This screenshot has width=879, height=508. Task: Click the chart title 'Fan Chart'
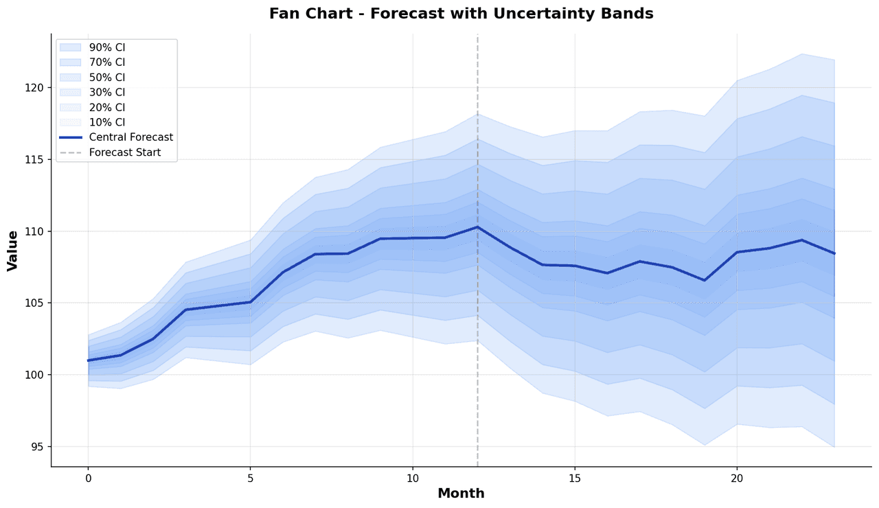point(461,14)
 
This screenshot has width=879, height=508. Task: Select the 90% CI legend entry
point(107,47)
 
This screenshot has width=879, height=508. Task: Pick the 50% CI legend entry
point(107,78)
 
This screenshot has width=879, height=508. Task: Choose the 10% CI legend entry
point(107,122)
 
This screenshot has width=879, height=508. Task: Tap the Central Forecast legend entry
point(130,137)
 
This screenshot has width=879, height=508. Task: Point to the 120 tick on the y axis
point(36,88)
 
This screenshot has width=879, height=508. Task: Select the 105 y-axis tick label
point(36,303)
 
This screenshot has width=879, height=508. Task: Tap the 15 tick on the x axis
point(575,478)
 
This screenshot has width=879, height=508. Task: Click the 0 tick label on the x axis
point(88,478)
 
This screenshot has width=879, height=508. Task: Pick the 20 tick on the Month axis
point(737,478)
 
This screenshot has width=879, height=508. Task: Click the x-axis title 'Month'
point(461,494)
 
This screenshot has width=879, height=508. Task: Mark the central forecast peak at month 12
point(477,227)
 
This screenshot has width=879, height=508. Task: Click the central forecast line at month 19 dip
point(705,280)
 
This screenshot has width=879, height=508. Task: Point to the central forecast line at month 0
point(89,360)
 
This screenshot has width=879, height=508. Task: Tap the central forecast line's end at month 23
point(834,253)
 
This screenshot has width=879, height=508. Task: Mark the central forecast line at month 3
point(185,310)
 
